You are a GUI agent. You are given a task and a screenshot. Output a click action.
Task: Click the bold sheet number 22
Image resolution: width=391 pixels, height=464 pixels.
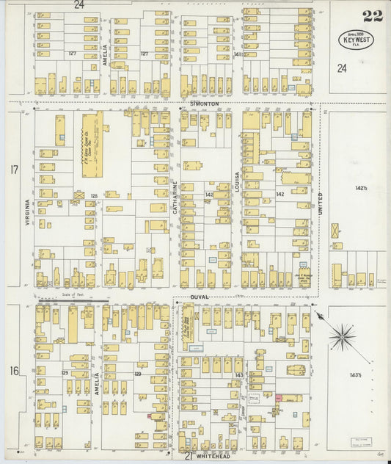click(372, 15)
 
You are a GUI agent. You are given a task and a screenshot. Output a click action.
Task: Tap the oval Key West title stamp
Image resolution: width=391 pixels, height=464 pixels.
click(357, 39)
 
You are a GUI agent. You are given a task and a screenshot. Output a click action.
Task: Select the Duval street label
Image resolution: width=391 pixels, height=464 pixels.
click(200, 297)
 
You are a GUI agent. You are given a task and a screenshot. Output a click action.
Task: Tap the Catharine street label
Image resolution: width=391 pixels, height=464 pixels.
click(176, 197)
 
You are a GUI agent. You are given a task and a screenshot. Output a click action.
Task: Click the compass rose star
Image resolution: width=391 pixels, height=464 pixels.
click(340, 338)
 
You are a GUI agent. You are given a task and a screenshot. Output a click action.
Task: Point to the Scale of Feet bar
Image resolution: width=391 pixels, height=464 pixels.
click(73, 300)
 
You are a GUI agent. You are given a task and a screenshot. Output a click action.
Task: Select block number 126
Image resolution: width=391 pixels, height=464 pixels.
click(93, 195)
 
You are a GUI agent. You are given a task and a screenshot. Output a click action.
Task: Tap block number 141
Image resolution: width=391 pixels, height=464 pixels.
click(237, 54)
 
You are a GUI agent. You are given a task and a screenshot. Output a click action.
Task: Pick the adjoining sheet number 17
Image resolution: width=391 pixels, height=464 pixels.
click(14, 170)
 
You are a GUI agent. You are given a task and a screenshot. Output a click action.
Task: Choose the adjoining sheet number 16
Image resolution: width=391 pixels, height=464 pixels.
click(14, 371)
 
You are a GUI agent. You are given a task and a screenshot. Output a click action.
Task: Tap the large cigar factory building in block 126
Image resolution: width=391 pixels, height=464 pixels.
click(92, 144)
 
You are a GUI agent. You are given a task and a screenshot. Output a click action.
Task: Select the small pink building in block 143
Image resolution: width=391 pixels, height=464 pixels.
click(279, 396)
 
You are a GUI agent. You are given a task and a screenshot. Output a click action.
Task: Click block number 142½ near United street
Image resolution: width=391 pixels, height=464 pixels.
click(360, 189)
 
